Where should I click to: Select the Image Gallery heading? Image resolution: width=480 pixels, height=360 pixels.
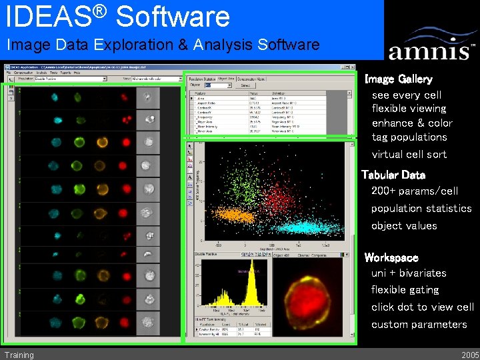coord(398,79)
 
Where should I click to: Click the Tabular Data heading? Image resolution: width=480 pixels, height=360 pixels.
coord(393,175)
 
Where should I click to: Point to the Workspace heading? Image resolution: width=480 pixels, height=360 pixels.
coord(391,257)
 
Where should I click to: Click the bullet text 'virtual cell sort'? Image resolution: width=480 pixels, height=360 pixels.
coord(409,154)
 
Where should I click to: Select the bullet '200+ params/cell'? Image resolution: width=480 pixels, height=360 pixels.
coord(414,191)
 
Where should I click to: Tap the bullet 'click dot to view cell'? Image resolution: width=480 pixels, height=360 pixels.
coord(423,307)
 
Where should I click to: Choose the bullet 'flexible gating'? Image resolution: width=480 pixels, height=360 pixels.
coord(405,290)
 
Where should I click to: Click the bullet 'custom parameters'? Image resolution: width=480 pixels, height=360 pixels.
coord(419,325)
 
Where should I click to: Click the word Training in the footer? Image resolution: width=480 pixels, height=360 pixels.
coord(19,355)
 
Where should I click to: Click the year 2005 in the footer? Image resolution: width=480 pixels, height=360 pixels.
coord(469,355)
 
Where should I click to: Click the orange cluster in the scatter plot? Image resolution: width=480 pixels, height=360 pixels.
coord(234,215)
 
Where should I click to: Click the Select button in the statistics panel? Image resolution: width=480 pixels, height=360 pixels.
coord(245,85)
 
